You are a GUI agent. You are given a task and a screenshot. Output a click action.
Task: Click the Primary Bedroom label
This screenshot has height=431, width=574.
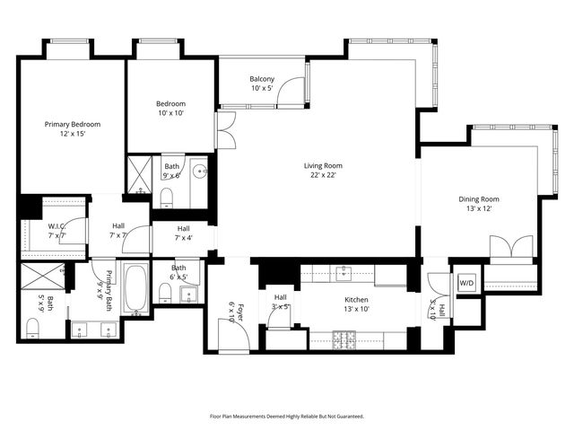coord(74,129)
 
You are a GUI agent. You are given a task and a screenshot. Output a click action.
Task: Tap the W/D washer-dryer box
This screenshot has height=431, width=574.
coord(466,283)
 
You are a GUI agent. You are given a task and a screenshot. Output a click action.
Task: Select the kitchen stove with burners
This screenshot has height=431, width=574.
coord(345,339)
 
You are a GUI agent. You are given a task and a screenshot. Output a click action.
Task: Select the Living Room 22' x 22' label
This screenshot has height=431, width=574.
coord(323,171)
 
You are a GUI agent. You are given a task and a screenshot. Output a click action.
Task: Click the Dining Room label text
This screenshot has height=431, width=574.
coord(479,205)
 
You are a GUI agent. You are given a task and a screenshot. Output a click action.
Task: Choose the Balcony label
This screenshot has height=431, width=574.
coord(262,84)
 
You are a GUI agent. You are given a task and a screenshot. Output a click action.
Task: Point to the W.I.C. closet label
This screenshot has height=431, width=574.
coord(58,231)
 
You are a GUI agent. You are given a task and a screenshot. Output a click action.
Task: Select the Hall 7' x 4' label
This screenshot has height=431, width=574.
coord(183,233)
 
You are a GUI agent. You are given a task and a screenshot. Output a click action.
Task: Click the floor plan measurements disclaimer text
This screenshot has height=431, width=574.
coord(286,417)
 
